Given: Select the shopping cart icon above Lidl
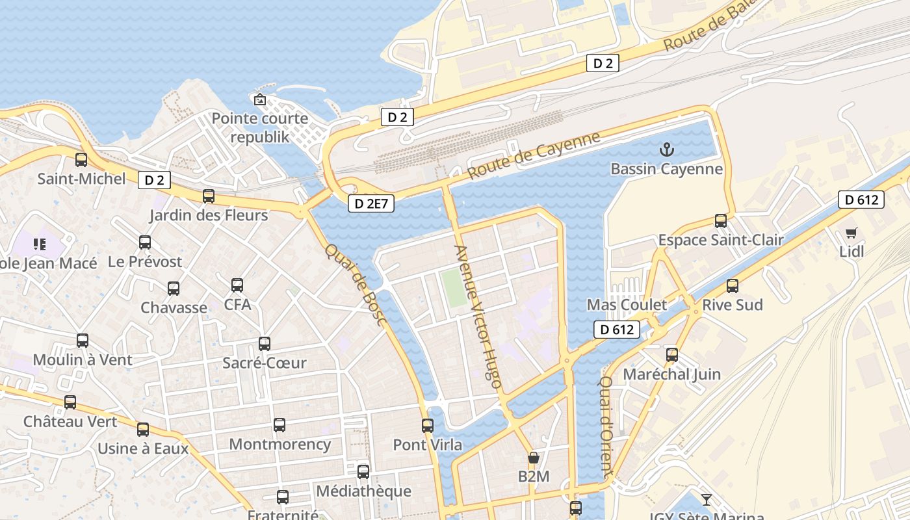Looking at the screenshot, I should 851,233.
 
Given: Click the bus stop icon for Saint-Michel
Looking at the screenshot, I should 81,160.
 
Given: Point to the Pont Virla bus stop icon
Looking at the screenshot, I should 428,426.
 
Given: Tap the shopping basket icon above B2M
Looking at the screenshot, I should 534,458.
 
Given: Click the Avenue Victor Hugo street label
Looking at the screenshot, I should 478,317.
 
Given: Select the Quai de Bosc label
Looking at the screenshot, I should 356,285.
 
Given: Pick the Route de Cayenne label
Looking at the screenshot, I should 534,155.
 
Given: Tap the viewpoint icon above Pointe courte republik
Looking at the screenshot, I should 260,99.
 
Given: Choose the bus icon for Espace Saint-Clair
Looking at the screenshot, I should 721,221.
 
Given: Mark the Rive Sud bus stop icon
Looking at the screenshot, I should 733,286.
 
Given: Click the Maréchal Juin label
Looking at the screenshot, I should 671,374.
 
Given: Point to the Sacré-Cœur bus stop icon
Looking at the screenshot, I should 265,344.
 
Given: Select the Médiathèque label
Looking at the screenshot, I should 363,491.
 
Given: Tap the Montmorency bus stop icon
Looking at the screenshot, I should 279,425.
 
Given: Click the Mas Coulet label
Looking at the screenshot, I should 627,305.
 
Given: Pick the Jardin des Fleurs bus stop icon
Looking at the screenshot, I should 209,196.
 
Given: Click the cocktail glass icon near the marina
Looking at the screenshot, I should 707,500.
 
